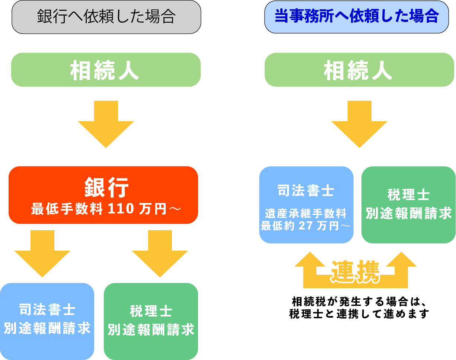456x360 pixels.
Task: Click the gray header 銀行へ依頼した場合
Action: tap(106, 17)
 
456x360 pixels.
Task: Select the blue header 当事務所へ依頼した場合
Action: tap(357, 17)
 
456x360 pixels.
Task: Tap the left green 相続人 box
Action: tap(106, 70)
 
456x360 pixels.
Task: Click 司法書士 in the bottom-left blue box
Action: tap(47, 309)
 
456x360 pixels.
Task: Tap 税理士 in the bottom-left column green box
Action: tap(151, 311)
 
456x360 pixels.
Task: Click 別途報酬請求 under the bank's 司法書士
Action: tap(47, 328)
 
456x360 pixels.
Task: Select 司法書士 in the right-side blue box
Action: tap(306, 191)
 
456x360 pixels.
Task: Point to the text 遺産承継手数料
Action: tap(306, 214)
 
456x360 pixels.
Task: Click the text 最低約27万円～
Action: tap(306, 226)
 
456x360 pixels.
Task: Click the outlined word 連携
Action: tap(355, 271)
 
